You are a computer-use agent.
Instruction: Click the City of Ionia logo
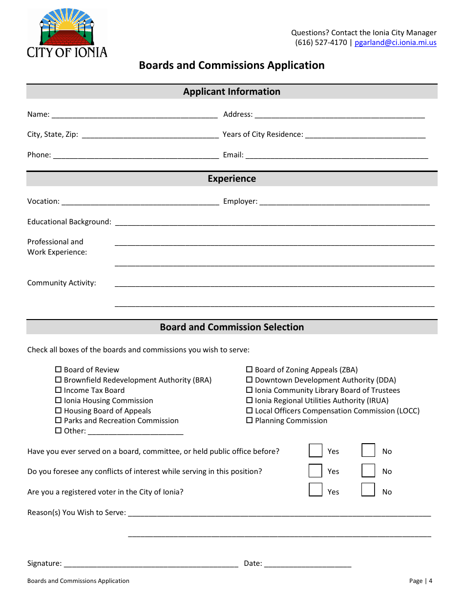pos(67,33)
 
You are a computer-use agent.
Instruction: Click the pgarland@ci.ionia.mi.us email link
pos(395,43)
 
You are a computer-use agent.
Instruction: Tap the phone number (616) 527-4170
pos(321,43)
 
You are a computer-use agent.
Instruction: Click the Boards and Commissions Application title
pos(232,65)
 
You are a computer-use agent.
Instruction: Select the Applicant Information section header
pos(232,92)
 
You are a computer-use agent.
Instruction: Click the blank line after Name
pos(134,115)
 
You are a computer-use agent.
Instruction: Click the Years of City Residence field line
pos(365,135)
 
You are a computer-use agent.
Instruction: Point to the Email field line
pos(337,156)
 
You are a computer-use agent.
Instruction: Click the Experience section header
pos(232,179)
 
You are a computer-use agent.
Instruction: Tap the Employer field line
pos(344,202)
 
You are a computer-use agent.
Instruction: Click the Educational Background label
pos(69,222)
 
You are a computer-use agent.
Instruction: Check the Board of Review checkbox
pos(59,370)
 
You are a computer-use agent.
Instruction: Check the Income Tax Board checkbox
pos(59,390)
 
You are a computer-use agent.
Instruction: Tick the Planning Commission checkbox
pos(250,421)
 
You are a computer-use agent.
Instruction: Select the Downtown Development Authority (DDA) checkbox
pos(250,380)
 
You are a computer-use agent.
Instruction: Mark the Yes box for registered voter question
pos(316,490)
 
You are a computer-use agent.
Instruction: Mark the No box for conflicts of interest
pos(368,470)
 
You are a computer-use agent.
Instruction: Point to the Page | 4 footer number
pos(421,581)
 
